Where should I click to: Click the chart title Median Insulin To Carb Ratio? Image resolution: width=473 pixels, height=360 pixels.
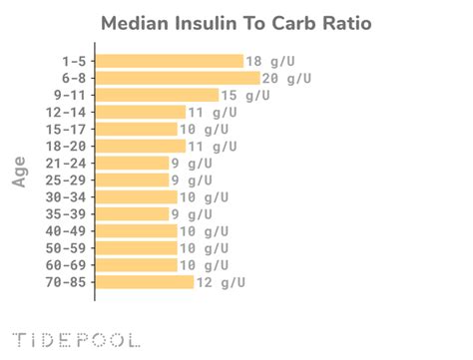tap(236, 22)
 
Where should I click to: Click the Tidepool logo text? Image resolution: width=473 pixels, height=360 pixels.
tap(75, 339)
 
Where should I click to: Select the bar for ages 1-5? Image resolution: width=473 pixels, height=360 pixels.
tap(170, 61)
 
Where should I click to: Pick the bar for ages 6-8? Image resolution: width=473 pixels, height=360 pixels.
tap(178, 78)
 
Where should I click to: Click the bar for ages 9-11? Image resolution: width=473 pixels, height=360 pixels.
tap(157, 95)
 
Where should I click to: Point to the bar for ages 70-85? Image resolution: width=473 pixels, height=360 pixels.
tap(145, 282)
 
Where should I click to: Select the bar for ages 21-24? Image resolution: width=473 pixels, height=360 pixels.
tap(133, 164)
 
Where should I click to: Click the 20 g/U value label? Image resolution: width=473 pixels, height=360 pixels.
tap(288, 78)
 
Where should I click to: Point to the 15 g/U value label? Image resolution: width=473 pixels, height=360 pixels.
tap(245, 95)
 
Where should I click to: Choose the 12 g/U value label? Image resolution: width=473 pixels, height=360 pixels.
tap(221, 282)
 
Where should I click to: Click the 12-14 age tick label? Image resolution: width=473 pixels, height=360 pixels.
tap(66, 112)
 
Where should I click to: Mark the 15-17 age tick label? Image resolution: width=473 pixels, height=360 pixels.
tap(66, 129)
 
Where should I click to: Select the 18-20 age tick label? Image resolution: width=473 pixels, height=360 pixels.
tap(66, 146)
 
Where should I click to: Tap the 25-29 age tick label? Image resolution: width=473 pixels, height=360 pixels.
tap(66, 180)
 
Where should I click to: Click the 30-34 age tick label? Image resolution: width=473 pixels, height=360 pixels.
tap(66, 197)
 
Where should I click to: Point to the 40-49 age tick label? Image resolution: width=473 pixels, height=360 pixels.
tap(66, 231)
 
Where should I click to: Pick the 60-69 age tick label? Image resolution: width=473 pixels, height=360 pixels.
tap(66, 265)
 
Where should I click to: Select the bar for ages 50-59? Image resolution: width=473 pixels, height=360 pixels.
tap(137, 248)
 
